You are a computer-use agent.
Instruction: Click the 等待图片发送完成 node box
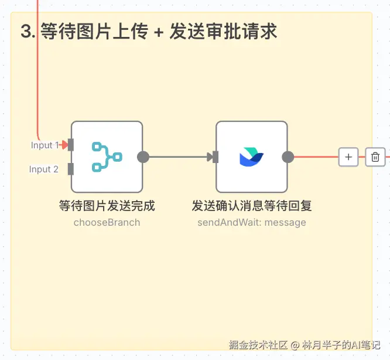(107, 157)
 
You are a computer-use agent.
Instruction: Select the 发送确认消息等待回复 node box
(251, 157)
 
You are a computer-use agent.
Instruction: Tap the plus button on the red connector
(348, 157)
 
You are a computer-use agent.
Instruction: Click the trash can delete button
(375, 157)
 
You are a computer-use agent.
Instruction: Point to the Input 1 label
(45, 145)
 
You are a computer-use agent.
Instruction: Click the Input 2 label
(44, 169)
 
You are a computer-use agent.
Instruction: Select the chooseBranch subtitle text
(107, 222)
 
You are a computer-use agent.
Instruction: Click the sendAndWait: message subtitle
(251, 222)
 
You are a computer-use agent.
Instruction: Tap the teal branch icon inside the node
(107, 157)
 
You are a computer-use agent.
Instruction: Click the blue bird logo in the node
(251, 157)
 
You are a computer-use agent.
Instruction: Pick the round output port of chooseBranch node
(143, 157)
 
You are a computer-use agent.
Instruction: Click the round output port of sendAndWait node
(288, 157)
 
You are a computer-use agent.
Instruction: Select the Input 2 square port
(71, 169)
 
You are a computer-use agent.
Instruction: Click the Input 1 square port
(71, 145)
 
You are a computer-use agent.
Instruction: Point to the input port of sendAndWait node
(215, 157)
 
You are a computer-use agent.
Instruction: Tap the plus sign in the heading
(158, 32)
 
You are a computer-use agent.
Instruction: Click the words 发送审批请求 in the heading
(223, 32)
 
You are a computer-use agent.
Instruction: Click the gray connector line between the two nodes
(179, 157)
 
